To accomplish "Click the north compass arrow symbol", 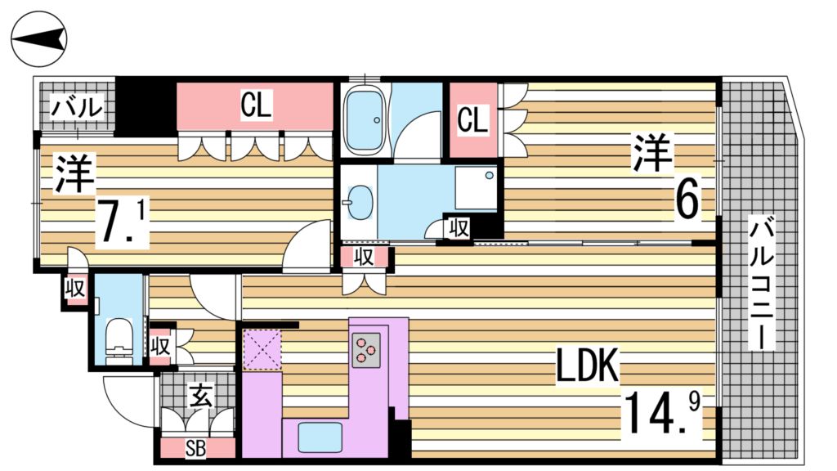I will pyautogui.click(x=39, y=39).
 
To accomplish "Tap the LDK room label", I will pyautogui.click(x=587, y=367).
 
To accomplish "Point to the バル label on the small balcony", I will pyautogui.click(x=77, y=106).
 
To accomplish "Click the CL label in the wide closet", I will pyautogui.click(x=256, y=105).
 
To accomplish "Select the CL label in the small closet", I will pyautogui.click(x=472, y=121).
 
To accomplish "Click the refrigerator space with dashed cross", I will pyautogui.click(x=262, y=349).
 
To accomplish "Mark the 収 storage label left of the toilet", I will pyautogui.click(x=75, y=289).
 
